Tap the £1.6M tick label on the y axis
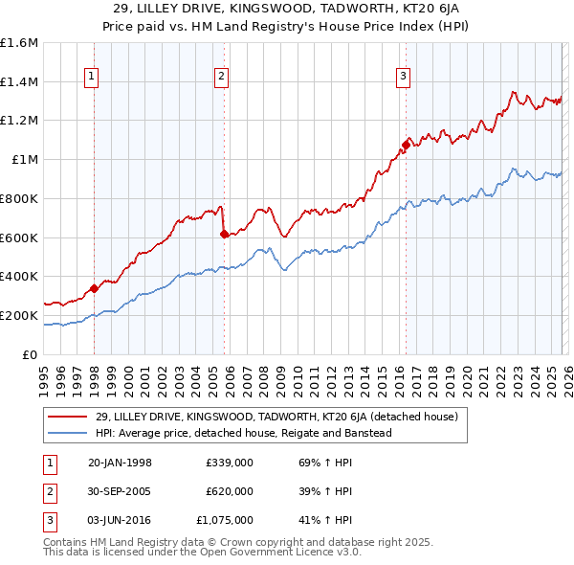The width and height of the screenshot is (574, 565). pyautogui.click(x=19, y=43)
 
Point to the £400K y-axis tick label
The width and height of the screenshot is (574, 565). pyautogui.click(x=19, y=277)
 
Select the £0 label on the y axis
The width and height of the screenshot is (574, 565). pyautogui.click(x=30, y=354)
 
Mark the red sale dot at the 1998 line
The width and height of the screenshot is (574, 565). pyautogui.click(x=95, y=288)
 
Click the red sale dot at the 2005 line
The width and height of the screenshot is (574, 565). pyautogui.click(x=225, y=234)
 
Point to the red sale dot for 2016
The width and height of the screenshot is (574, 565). pyautogui.click(x=406, y=146)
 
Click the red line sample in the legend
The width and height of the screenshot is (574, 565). pyautogui.click(x=69, y=418)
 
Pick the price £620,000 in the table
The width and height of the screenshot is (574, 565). pyautogui.click(x=229, y=491)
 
